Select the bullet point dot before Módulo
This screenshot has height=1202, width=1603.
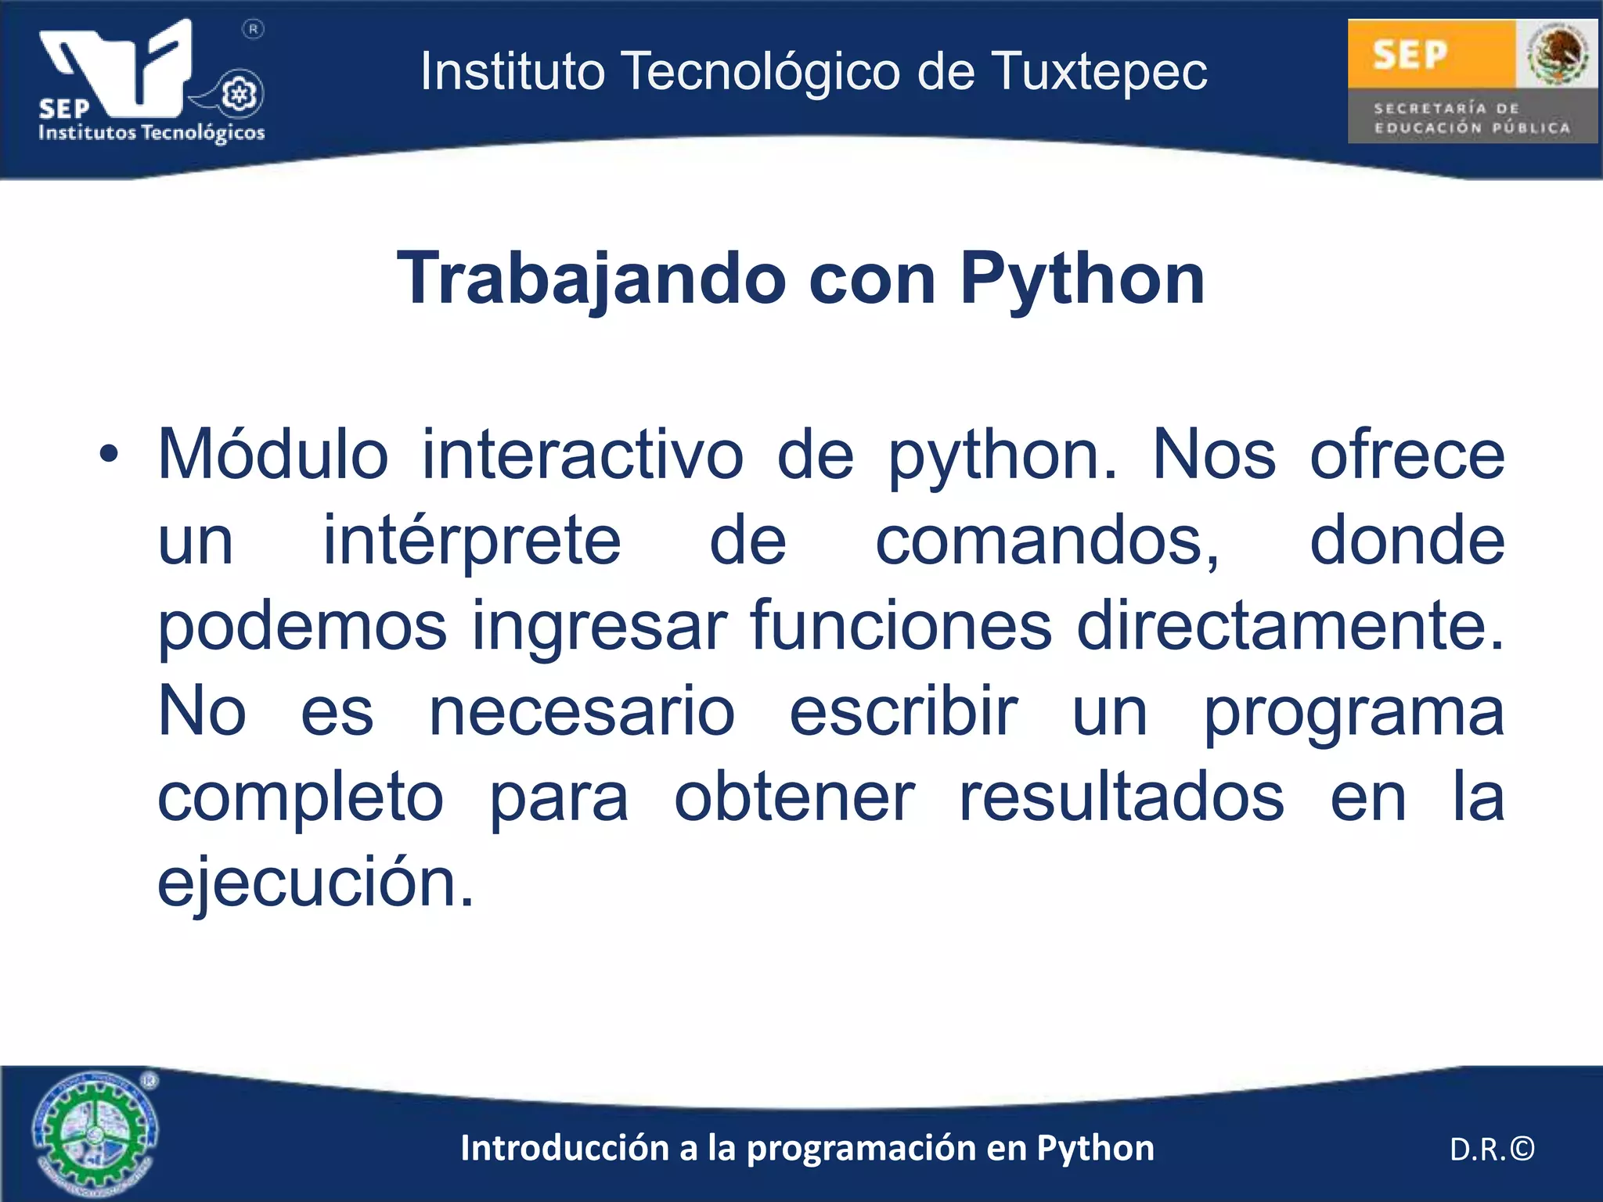click(109, 454)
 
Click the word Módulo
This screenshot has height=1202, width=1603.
click(273, 455)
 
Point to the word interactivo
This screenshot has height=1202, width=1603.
click(582, 455)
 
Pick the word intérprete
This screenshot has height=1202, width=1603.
click(472, 542)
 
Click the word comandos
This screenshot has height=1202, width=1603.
click(1046, 542)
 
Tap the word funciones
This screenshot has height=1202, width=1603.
click(900, 626)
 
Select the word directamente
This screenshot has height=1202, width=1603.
click(1290, 626)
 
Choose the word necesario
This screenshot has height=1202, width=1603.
click(582, 712)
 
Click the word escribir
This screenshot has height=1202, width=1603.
click(903, 712)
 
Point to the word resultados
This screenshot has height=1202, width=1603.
click(1121, 798)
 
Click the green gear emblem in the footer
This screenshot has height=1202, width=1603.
click(94, 1132)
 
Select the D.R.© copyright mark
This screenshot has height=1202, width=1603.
click(1492, 1149)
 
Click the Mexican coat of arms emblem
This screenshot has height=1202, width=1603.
click(1557, 54)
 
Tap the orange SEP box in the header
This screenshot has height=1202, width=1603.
click(1431, 54)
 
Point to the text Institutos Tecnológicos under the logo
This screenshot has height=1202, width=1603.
click(152, 132)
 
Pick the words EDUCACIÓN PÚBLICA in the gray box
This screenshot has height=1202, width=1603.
click(1472, 128)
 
